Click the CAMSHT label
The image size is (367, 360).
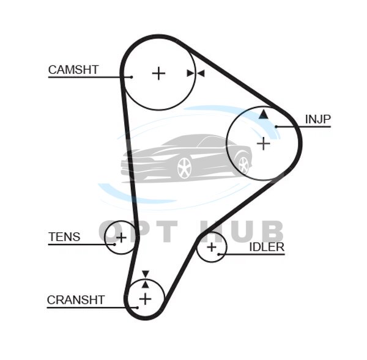click(73, 69)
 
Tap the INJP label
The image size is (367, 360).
click(317, 118)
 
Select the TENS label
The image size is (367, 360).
click(65, 237)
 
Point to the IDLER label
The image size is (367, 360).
click(267, 247)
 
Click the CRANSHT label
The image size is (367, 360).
click(76, 299)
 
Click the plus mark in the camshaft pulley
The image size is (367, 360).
click(158, 73)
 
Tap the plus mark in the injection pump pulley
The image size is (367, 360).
click(263, 144)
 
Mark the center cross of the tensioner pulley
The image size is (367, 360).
click(120, 237)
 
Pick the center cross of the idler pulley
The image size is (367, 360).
click(212, 247)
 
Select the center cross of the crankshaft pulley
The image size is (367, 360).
click(145, 298)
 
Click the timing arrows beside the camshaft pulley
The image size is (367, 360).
click(195, 73)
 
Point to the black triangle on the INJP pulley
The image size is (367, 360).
click(263, 114)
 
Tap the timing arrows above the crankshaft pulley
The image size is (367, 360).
click(145, 278)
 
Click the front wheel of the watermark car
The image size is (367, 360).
click(183, 167)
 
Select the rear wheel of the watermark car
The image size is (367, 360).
click(243, 163)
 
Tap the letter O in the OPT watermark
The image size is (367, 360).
click(111, 232)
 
